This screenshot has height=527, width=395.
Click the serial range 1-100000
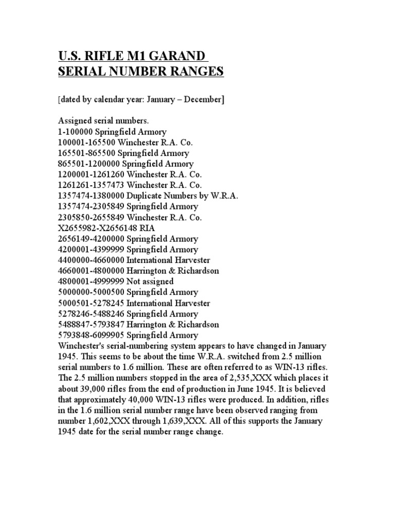pos(76,132)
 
